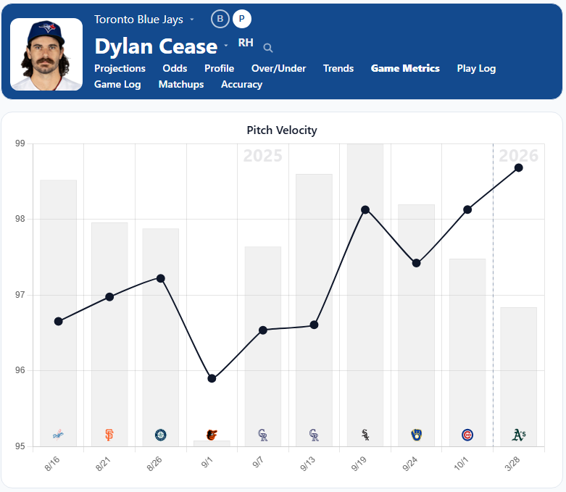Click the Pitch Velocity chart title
(x=282, y=130)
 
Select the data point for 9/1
(x=212, y=378)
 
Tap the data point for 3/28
(x=518, y=167)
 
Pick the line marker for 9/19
(x=365, y=209)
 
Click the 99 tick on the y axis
(x=20, y=143)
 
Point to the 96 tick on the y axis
(x=20, y=371)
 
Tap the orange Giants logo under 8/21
(x=109, y=435)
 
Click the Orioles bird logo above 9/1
(x=212, y=435)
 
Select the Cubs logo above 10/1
(x=467, y=435)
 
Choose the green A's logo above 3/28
(x=518, y=435)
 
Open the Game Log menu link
(x=117, y=84)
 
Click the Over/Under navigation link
(x=278, y=68)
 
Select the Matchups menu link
(x=181, y=84)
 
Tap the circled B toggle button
(x=220, y=19)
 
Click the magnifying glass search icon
(x=268, y=48)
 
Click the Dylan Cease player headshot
(x=46, y=54)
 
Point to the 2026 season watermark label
(x=518, y=155)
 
